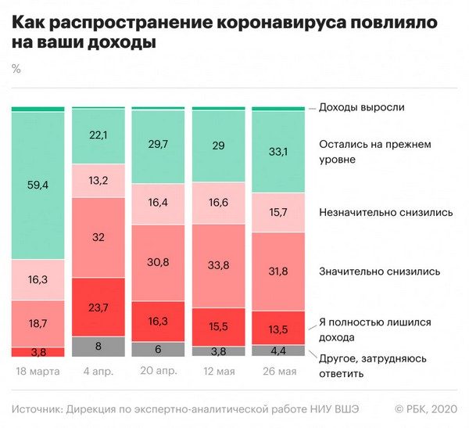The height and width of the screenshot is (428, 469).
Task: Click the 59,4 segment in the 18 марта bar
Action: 38,185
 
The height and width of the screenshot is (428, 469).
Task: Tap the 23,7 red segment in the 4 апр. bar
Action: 98,307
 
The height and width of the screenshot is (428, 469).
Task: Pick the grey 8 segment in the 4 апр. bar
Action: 98,347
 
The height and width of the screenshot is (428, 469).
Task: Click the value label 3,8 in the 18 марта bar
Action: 38,352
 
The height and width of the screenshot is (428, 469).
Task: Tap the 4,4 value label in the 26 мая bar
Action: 278,351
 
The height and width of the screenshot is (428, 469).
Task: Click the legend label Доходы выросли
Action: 361,107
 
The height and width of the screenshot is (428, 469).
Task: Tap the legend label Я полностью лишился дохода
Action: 375,329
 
